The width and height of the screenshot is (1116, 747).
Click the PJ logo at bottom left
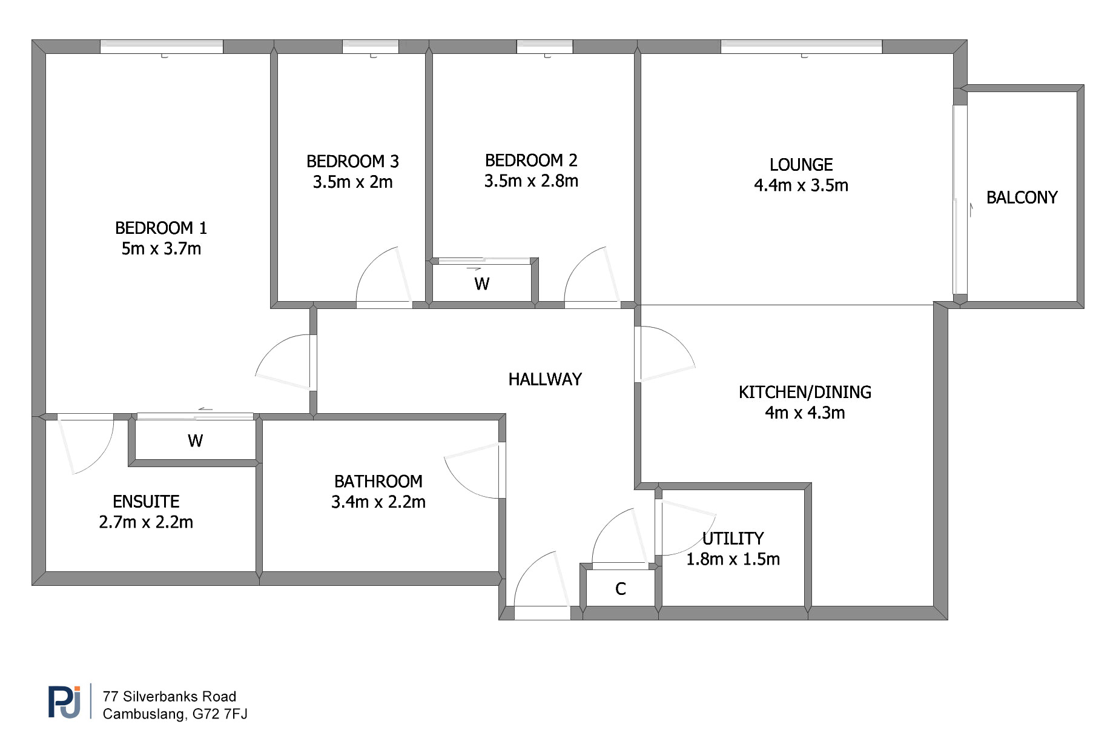pos(64,702)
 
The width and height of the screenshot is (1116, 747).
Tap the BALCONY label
pos(1022,198)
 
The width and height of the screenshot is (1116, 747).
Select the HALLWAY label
pos(545,379)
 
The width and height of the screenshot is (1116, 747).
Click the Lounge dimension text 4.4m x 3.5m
pos(801,185)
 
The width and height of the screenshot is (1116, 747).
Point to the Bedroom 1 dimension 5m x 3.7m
pos(161,248)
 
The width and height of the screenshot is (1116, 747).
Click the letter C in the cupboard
pos(621,589)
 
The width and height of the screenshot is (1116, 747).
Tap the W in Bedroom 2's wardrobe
pos(482,284)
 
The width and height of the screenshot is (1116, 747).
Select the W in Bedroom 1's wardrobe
pos(195,440)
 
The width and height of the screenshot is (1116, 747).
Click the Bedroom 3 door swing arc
pos(367,267)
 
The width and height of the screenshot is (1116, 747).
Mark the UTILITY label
pos(733,539)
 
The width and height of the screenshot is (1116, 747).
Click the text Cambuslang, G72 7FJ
pos(175,714)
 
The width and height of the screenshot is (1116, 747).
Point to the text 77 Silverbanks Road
pos(170,697)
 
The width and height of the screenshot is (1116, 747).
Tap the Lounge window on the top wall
pos(801,47)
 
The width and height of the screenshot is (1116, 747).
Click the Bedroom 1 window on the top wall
pos(162,47)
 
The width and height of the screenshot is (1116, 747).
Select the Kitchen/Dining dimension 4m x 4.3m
pos(805,413)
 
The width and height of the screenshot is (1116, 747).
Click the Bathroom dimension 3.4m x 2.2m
pos(378,502)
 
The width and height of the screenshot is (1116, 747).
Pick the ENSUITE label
pos(146,502)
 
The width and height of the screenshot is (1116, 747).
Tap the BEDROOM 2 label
pos(531,161)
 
